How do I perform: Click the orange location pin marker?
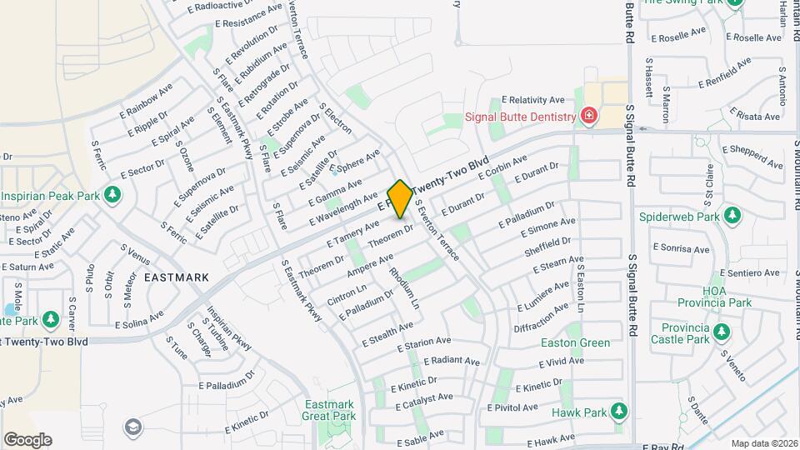pyautogui.click(x=400, y=198)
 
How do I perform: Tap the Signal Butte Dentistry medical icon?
pyautogui.click(x=589, y=116)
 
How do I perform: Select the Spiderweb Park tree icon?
pyautogui.click(x=732, y=217)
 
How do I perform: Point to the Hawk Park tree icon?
pyautogui.click(x=618, y=412)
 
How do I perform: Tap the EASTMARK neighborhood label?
pyautogui.click(x=176, y=277)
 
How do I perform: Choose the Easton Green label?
pyautogui.click(x=575, y=342)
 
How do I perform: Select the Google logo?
pyautogui.click(x=27, y=440)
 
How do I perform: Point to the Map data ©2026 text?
pyautogui.click(x=763, y=443)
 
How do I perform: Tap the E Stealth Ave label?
pyautogui.click(x=387, y=336)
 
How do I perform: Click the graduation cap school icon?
pyautogui.click(x=132, y=427)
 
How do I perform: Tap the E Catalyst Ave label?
pyautogui.click(x=423, y=402)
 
